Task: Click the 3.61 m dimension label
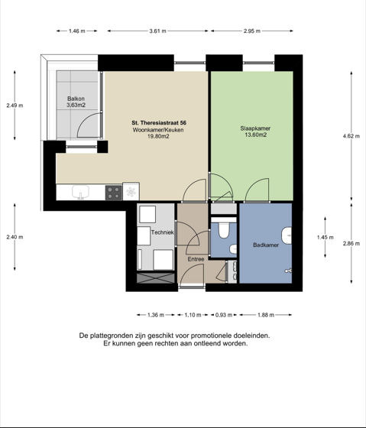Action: point(157,31)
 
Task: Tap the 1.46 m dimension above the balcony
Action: point(77,31)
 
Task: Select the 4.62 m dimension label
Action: point(351,136)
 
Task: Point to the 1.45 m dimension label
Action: point(325,238)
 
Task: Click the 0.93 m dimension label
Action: point(224,315)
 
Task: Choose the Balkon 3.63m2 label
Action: point(76,102)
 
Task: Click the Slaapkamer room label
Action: point(255,128)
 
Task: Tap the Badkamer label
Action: point(266,245)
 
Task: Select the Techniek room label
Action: point(163,232)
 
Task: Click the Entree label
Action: point(196,259)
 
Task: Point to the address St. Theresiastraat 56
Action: point(159,123)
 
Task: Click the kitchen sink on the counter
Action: point(80,192)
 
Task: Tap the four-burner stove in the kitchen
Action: point(114,193)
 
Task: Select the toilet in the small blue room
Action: point(224,231)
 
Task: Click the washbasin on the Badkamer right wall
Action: point(287,236)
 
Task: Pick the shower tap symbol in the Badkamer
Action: point(288,271)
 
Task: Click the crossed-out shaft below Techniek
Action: point(156,278)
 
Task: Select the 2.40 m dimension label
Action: point(15,237)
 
